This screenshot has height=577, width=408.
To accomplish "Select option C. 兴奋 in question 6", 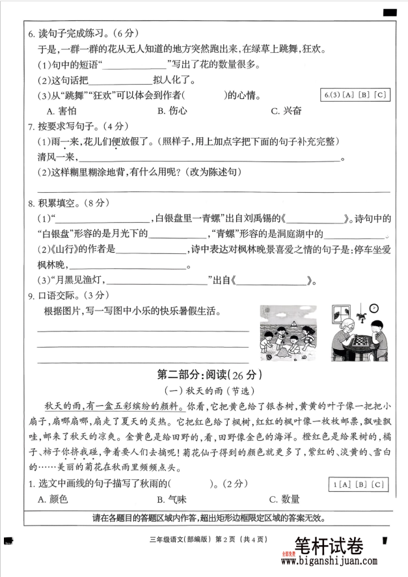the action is [286, 111].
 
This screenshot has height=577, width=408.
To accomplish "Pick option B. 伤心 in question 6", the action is [172, 111].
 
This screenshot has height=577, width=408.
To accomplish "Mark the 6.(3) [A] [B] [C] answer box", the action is [355, 96].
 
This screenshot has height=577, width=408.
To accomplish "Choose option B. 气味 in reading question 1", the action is [172, 500].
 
